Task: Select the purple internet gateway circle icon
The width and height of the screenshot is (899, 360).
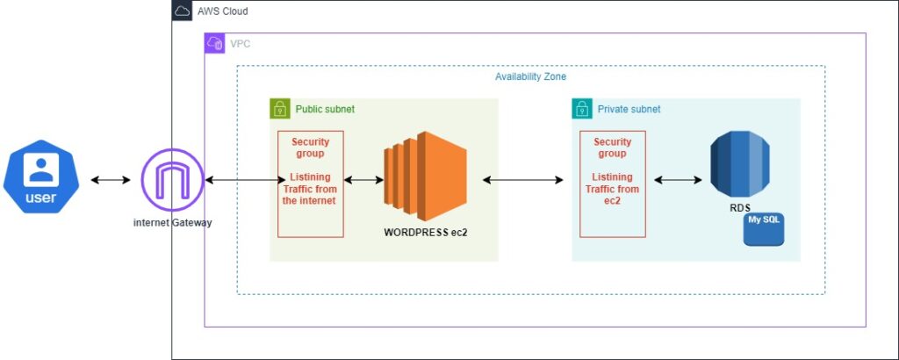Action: [172, 180]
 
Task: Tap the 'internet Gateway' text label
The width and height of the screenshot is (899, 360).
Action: [172, 222]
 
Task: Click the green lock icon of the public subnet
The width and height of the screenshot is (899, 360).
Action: [280, 109]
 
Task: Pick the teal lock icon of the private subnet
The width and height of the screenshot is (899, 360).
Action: [582, 109]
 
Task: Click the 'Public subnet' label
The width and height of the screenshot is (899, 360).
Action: [325, 109]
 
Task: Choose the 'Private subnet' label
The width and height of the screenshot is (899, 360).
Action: [629, 109]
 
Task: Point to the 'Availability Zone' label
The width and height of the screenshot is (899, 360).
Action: [530, 76]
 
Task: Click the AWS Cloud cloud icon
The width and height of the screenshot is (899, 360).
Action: [182, 11]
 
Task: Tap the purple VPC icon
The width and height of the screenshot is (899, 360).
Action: [215, 43]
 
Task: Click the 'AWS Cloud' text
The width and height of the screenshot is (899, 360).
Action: [222, 11]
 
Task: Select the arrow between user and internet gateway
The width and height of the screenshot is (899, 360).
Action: [110, 180]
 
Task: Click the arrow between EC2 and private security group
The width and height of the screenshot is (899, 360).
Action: [522, 180]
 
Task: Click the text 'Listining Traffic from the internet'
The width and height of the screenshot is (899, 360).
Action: [310, 189]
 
